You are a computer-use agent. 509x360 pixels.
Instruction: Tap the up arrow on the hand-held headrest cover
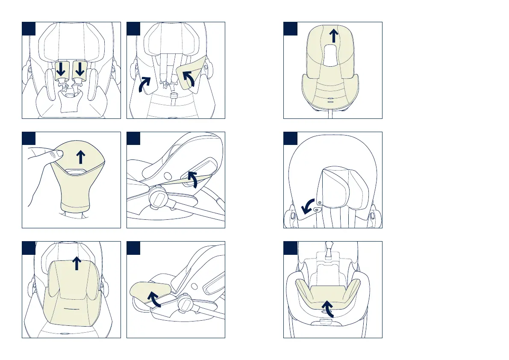coord(80,157)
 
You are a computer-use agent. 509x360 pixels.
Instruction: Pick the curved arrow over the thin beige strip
coord(193,180)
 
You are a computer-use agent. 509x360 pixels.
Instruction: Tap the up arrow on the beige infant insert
coord(76,263)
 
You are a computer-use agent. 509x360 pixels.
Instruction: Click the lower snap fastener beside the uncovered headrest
coord(317,210)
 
